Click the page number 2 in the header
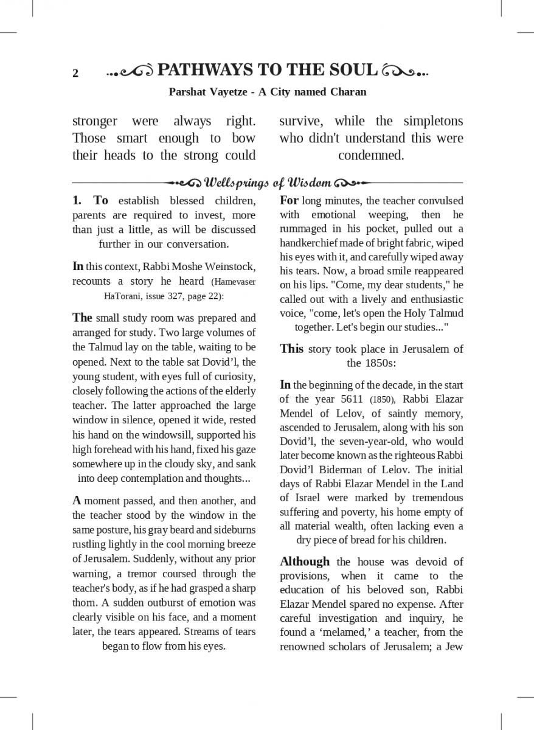pyautogui.click(x=75, y=74)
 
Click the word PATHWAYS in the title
pyautogui.click(x=201, y=71)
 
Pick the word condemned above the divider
pyautogui.click(x=371, y=155)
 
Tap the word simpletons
pyautogui.click(x=433, y=121)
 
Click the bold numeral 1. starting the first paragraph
pyautogui.click(x=77, y=201)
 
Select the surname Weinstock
pyautogui.click(x=232, y=266)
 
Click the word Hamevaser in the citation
pyautogui.click(x=235, y=282)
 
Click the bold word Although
pyautogui.click(x=305, y=561)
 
